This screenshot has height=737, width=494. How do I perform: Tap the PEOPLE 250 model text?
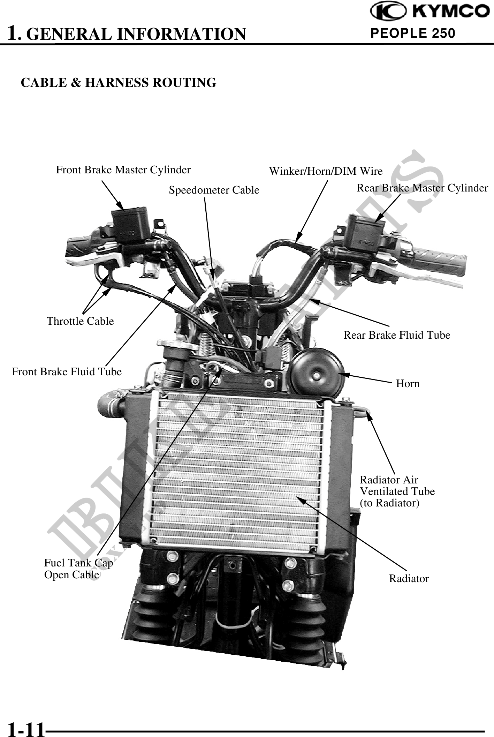(x=413, y=33)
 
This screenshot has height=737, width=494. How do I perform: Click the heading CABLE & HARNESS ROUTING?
(x=119, y=83)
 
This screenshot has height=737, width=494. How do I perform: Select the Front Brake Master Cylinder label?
(x=123, y=170)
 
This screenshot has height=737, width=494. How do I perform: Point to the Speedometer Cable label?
(x=214, y=190)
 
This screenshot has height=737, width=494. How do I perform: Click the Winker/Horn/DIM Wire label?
(x=326, y=171)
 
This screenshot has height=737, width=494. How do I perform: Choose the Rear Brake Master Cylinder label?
(x=422, y=188)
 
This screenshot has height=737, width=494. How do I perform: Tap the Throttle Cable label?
(x=80, y=321)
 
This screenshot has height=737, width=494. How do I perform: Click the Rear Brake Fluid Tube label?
(x=397, y=335)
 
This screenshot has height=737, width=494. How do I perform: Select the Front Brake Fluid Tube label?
(x=67, y=372)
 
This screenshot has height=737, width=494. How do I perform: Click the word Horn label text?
(x=408, y=384)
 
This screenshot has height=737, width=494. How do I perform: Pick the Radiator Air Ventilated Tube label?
(x=397, y=491)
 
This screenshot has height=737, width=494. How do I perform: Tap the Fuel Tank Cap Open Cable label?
(x=78, y=569)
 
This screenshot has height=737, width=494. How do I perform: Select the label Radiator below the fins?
(x=409, y=579)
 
